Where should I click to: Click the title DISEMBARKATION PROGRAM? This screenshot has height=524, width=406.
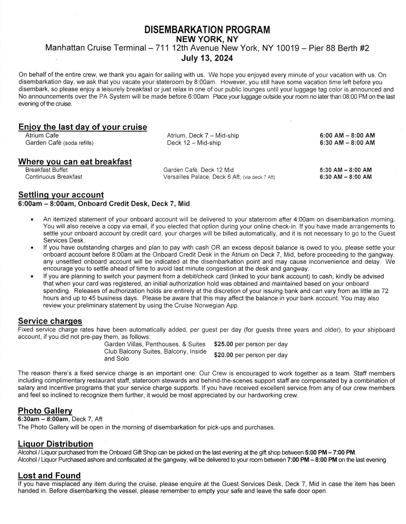[207, 30]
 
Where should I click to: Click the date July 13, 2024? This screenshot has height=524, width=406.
[207, 58]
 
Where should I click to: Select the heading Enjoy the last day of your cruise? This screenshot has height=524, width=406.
[83, 127]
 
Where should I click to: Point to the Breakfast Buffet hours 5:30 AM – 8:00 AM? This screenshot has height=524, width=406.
[346, 170]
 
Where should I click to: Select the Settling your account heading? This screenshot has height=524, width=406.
[61, 195]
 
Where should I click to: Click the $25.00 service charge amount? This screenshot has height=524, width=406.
[224, 344]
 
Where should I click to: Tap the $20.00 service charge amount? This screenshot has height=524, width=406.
[224, 355]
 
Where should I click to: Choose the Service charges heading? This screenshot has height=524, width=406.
[50, 321]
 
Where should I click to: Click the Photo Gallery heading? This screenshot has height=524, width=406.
[45, 411]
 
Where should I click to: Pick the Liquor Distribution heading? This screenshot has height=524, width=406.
[56, 444]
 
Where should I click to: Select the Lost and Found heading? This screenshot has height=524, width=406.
[49, 475]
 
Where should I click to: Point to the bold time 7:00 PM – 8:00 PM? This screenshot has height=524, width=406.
[312, 460]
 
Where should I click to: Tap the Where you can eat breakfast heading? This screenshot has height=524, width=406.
[75, 162]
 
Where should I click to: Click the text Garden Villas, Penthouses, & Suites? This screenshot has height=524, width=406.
[155, 344]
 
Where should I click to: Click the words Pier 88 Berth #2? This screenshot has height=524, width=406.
[339, 48]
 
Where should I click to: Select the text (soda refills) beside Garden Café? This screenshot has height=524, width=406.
[78, 143]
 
